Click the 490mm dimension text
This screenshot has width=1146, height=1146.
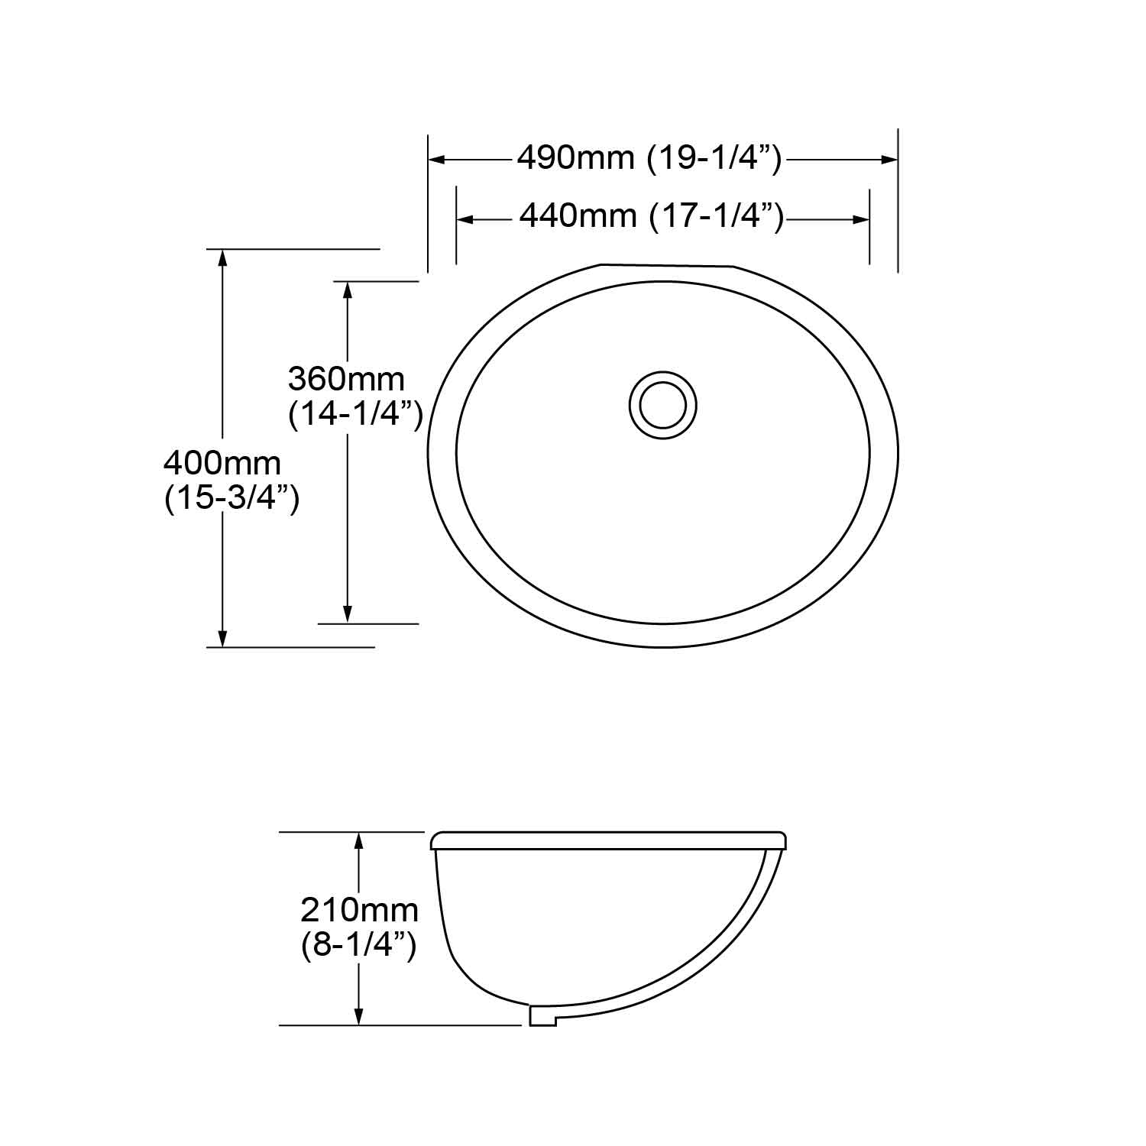point(575,158)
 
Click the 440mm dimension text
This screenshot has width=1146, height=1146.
point(578,216)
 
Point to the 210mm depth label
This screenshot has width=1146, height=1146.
point(359,910)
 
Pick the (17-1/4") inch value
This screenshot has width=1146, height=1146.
point(717,216)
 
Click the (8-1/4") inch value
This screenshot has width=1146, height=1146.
point(359,946)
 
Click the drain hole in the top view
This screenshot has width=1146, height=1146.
point(662,405)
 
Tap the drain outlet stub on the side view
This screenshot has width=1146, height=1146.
point(542,1015)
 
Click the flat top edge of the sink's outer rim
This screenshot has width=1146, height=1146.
point(666,266)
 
